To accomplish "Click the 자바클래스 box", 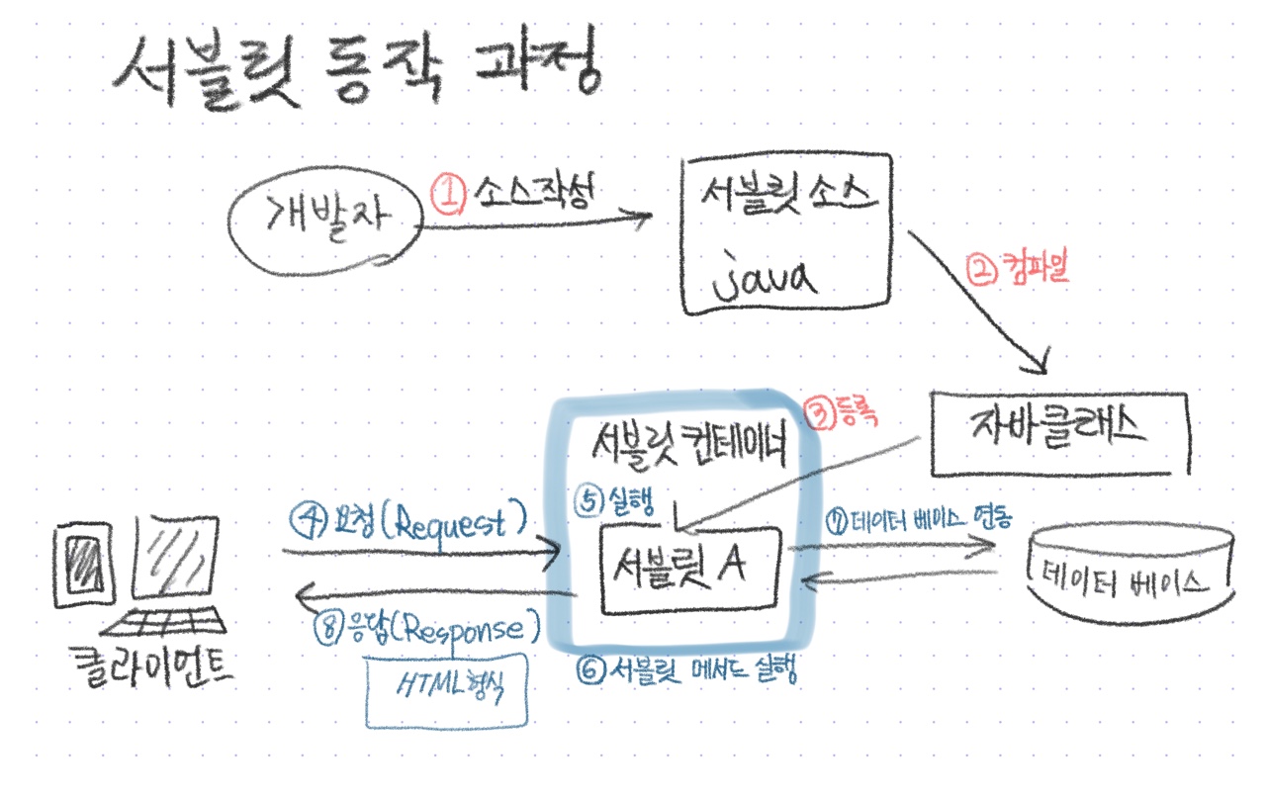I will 1058,432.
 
